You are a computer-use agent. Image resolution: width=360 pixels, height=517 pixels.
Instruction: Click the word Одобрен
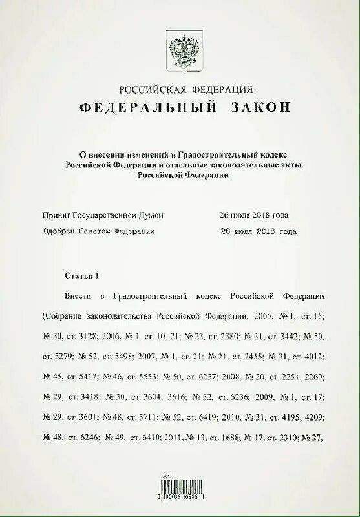point(58,231)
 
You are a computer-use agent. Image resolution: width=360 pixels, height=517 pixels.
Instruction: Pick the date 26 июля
point(237,215)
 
